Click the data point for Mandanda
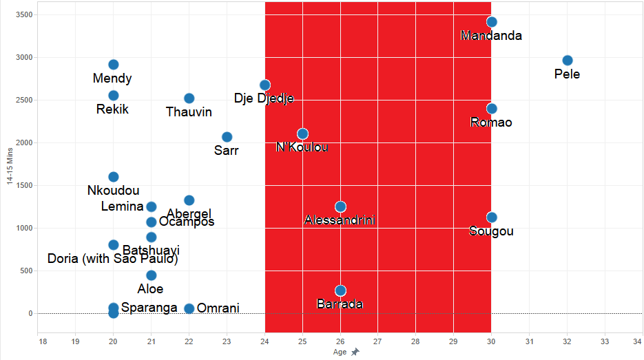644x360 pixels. (491, 22)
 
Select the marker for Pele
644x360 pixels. (567, 61)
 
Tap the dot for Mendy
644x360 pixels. (114, 65)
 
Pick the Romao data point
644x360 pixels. (491, 109)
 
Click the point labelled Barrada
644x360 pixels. (340, 290)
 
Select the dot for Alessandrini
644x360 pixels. (340, 207)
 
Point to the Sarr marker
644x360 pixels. (227, 137)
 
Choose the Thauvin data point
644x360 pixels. (189, 98)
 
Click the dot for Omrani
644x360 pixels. (189, 308)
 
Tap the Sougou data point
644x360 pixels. (491, 218)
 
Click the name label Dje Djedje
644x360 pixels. (264, 98)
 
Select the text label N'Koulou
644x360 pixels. (302, 147)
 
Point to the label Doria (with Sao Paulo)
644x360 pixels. (113, 259)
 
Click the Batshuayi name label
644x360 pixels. (151, 251)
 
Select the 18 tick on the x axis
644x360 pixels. (43, 341)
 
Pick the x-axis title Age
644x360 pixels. (340, 352)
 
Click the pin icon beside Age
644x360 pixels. (355, 352)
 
